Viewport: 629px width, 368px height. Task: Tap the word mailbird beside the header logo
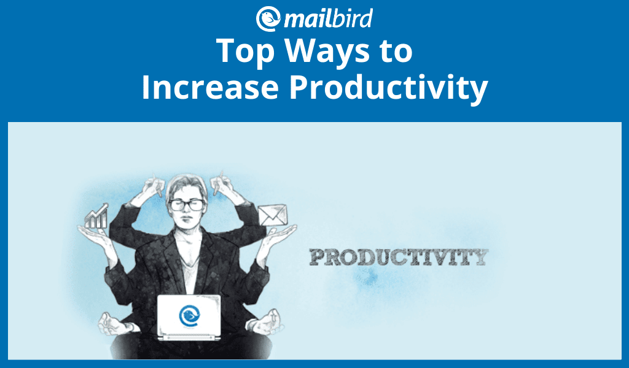[x=328, y=18]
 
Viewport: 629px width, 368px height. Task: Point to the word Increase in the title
[x=210, y=87]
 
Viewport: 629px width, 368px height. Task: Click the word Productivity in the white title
[x=389, y=88]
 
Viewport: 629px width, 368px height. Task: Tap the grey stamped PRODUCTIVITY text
[x=399, y=257]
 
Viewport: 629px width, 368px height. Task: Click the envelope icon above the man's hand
[x=273, y=215]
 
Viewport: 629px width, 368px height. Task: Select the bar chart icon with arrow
[x=96, y=217]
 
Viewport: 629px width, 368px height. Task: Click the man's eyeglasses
[x=187, y=205]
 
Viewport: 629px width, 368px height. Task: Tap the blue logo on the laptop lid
[x=189, y=316]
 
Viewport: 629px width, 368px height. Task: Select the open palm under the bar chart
[x=96, y=236]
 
